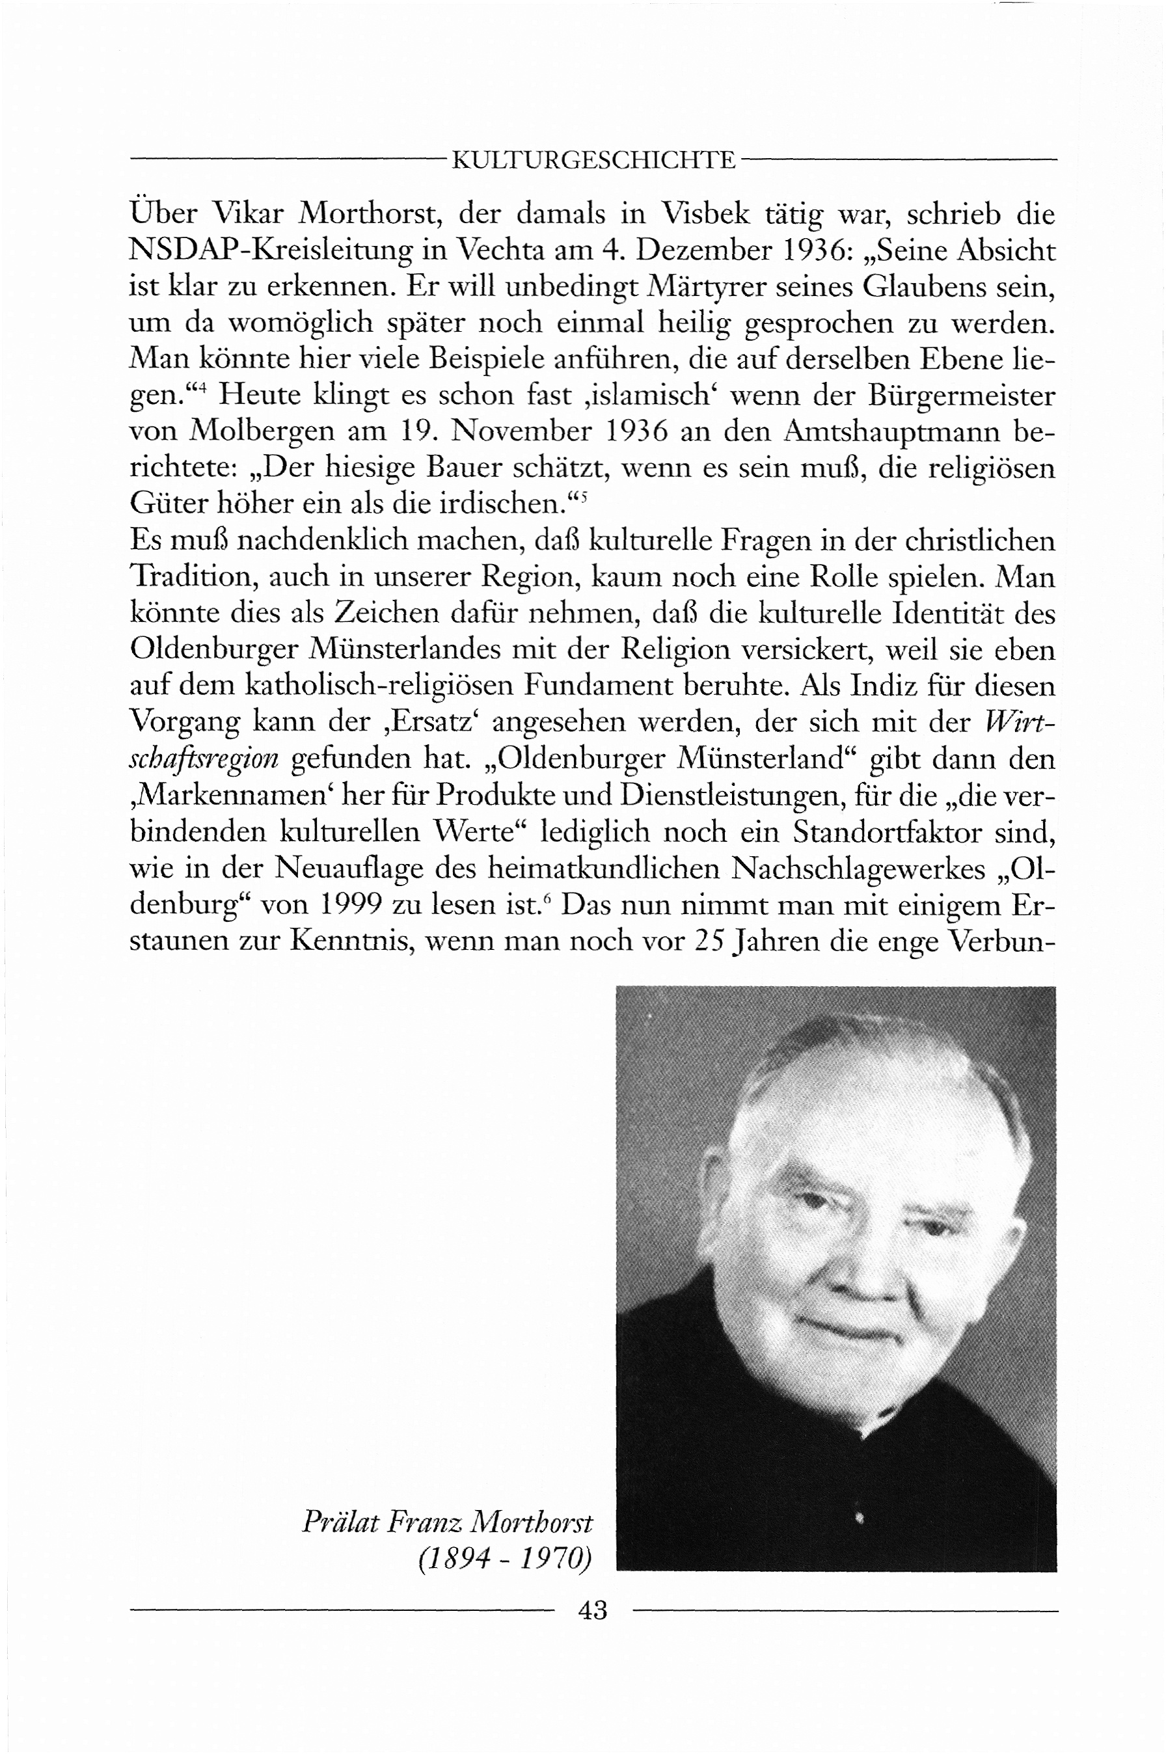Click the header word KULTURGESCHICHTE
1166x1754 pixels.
click(593, 161)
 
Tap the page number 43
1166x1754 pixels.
click(593, 1610)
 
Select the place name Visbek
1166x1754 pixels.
click(706, 214)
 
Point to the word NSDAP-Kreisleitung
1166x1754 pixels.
click(270, 250)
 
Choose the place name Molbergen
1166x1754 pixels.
click(264, 432)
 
